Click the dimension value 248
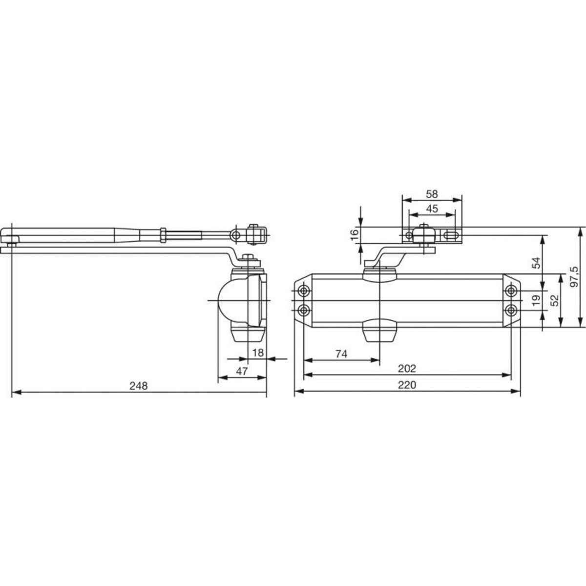(x=138, y=385)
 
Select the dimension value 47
(x=242, y=371)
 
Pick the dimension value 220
(x=407, y=385)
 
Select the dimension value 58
(x=432, y=194)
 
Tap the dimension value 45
(x=432, y=209)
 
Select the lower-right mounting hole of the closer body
(x=511, y=310)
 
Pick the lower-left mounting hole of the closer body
(x=304, y=310)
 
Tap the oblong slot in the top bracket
(x=452, y=235)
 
